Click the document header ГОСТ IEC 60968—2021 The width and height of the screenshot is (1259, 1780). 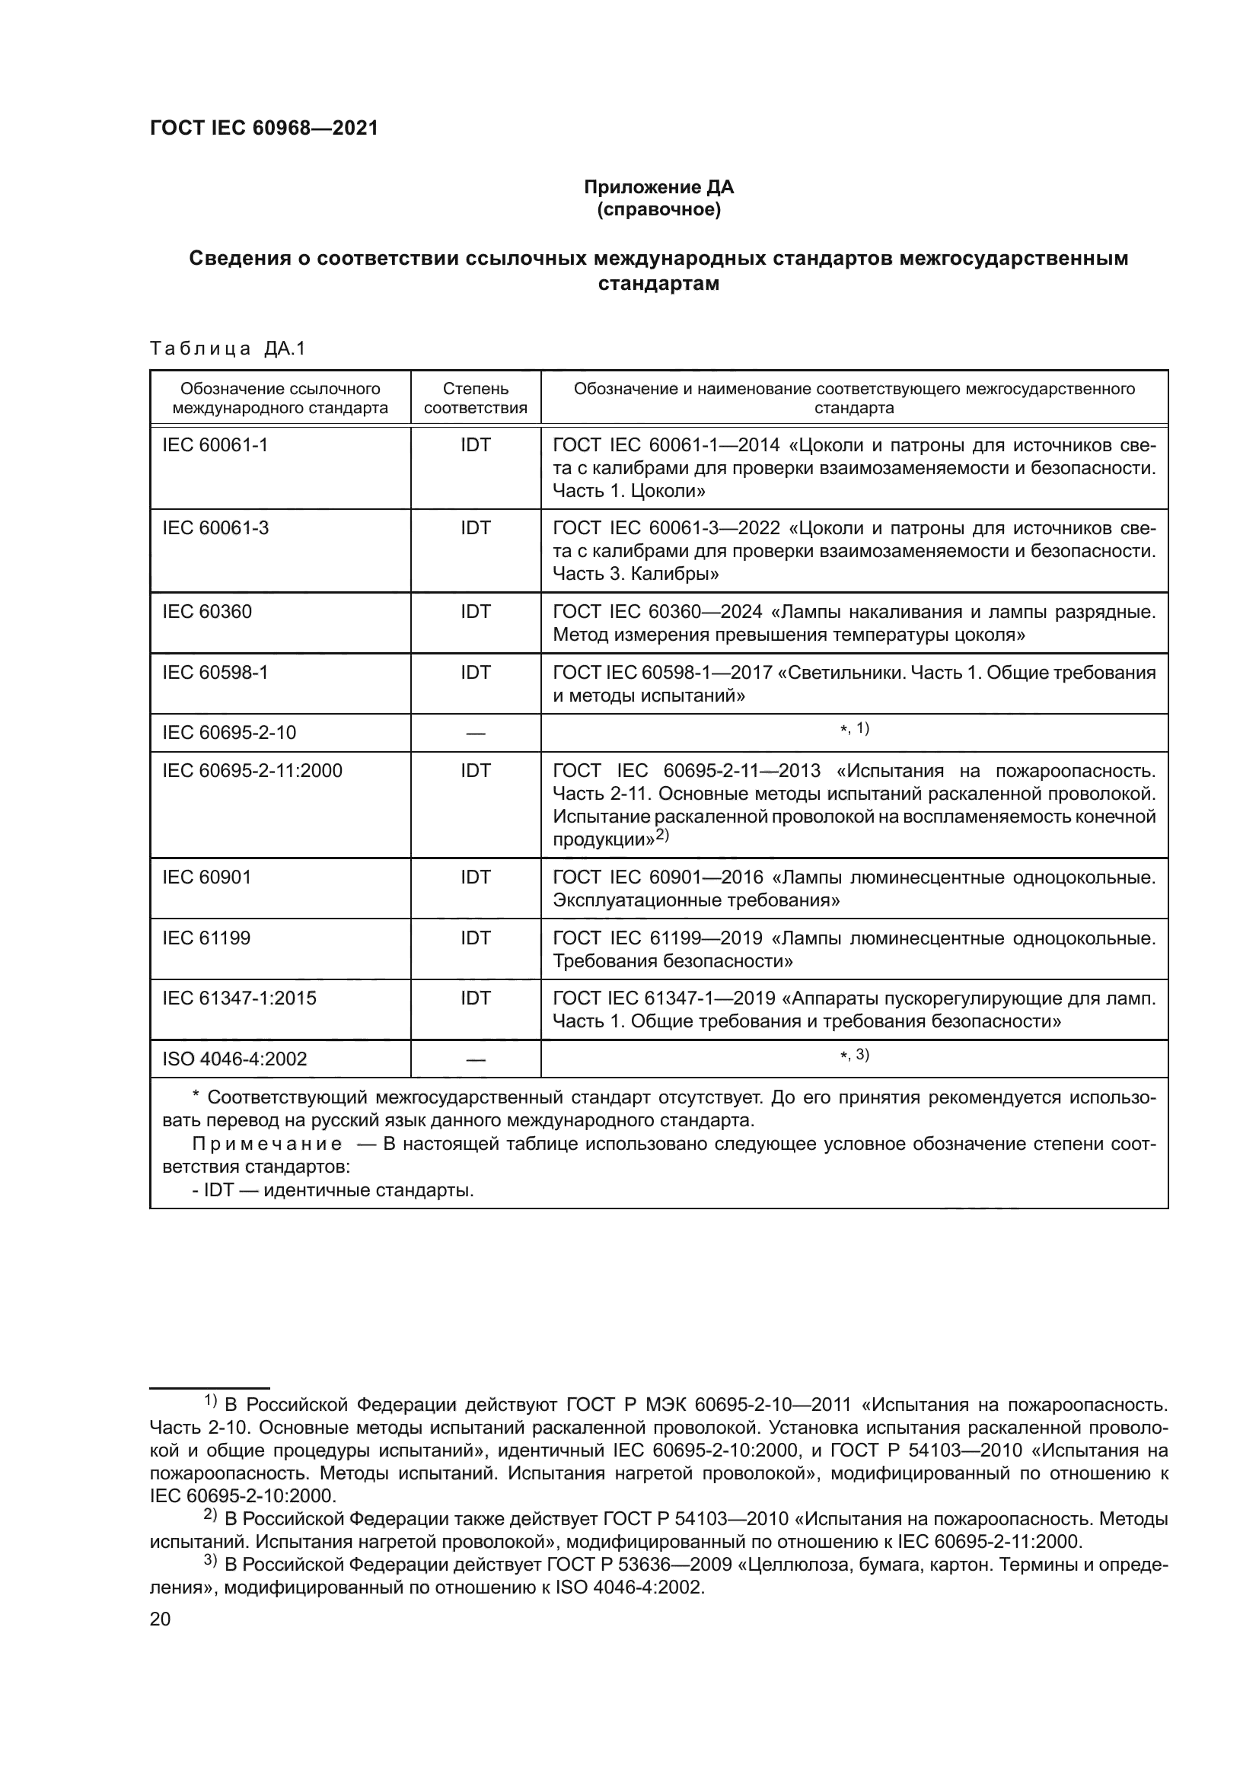tap(263, 128)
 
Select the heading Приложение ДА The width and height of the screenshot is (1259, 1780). tap(658, 187)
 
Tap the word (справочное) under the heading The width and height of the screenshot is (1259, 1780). tap(658, 209)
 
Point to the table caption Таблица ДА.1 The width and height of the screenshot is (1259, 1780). tap(228, 349)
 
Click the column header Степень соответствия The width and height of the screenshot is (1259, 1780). tap(475, 398)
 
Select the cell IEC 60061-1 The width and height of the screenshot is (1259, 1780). tap(215, 445)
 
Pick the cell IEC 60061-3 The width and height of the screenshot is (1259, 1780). tap(215, 528)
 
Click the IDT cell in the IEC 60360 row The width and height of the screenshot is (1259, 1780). tap(475, 612)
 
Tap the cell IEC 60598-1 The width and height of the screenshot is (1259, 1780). tap(215, 672)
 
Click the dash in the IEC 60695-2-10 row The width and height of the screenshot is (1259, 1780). tap(475, 734)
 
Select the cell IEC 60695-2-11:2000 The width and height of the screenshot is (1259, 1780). tap(252, 771)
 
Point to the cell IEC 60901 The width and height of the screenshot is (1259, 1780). tap(206, 877)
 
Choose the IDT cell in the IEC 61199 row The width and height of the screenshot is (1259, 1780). tap(475, 938)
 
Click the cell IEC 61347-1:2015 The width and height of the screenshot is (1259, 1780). tap(239, 998)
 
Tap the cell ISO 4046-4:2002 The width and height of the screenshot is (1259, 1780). tap(234, 1059)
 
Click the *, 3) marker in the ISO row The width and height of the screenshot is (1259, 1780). tap(854, 1055)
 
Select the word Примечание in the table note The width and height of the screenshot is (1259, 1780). tap(266, 1145)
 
